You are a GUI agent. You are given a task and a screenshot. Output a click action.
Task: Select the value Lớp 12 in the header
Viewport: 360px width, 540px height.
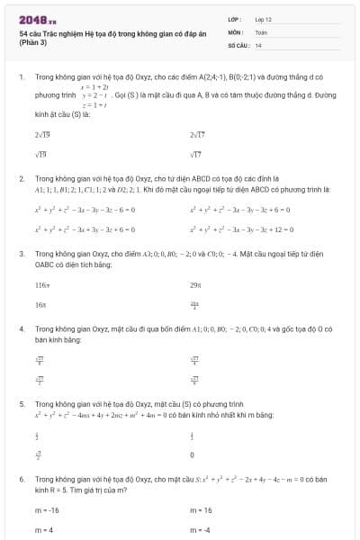coord(263,18)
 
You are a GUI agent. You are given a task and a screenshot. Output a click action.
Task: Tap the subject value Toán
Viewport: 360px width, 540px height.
coord(261,31)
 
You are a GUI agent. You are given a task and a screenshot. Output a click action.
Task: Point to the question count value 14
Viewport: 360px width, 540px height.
coord(258,44)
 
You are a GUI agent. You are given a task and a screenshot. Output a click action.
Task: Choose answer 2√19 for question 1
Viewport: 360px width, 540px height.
coord(41,135)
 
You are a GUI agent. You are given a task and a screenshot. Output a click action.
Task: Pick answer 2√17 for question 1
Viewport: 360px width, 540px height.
coord(198,135)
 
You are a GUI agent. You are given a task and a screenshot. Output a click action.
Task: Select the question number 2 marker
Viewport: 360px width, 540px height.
coord(21,179)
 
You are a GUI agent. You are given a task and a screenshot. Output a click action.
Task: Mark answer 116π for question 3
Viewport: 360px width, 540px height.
coord(41,284)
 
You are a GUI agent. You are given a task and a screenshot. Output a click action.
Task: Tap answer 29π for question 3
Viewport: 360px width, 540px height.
coord(195,284)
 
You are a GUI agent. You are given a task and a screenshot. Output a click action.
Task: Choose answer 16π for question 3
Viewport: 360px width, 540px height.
coord(40,305)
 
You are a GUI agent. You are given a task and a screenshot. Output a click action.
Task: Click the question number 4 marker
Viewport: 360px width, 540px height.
coord(21,329)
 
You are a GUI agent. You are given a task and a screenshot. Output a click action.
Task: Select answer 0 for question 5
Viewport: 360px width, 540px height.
coord(193,455)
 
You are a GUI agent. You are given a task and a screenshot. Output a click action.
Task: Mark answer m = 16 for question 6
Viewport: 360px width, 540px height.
coord(201,509)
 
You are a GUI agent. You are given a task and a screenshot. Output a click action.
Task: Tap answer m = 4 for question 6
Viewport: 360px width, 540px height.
coord(44,530)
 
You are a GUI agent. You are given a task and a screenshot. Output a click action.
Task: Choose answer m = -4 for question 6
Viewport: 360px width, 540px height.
coord(200,530)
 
